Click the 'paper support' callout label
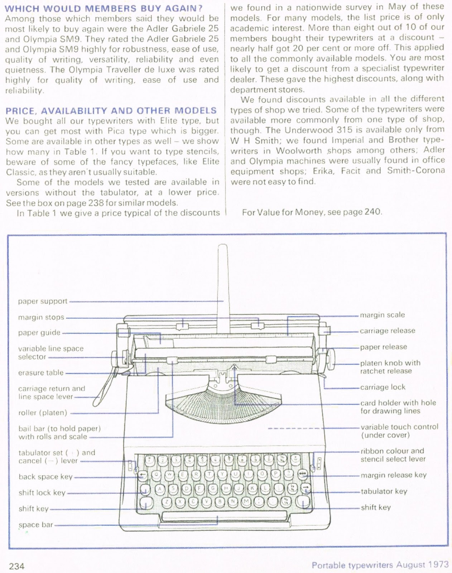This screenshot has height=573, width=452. pos(43,301)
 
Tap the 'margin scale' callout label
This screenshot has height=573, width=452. pos(382,315)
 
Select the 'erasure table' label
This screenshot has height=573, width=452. pos(41,373)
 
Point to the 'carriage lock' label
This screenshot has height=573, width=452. pos(383,387)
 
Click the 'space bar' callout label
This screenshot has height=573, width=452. pos(36,525)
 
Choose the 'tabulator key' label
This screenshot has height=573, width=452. pos(384,491)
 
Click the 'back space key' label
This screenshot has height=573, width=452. pos(45,477)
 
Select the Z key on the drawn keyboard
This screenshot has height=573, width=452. pos(167,502)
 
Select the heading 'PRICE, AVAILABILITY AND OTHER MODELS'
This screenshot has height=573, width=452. pos(111,111)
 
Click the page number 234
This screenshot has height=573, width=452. pos(16,566)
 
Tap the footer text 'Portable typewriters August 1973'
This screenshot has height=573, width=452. pos(380,565)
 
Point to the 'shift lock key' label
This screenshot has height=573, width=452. pos(42,493)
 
